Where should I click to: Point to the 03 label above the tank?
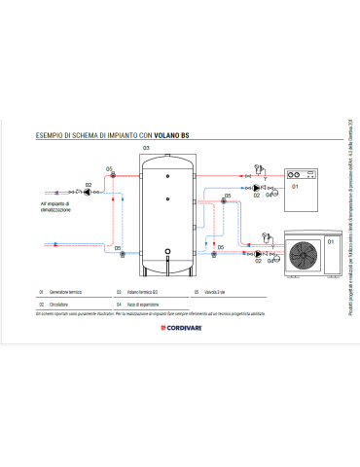(147, 147)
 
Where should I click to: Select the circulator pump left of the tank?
(89, 192)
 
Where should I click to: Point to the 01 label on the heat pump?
(330, 239)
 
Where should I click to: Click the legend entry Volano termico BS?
(140, 292)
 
